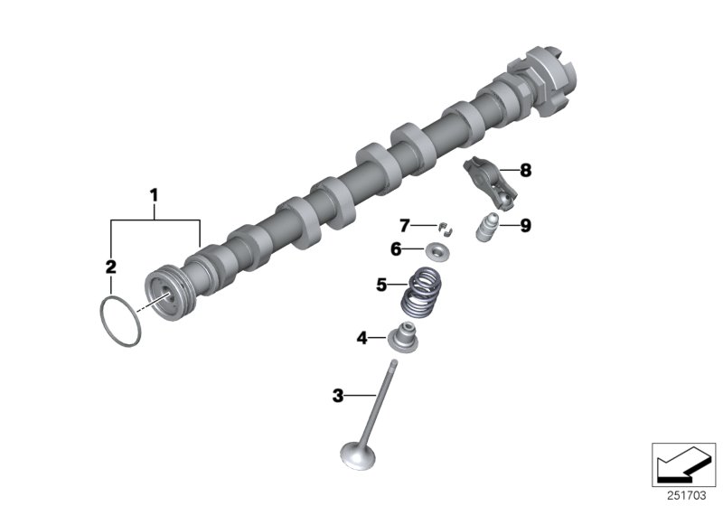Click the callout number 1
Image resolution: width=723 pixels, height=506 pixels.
click(x=154, y=193)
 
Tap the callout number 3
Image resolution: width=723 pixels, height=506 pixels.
click(x=337, y=395)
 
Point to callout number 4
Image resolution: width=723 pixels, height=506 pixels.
click(x=361, y=338)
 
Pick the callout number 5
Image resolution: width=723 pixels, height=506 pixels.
click(x=381, y=286)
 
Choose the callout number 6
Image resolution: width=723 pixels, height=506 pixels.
click(x=395, y=248)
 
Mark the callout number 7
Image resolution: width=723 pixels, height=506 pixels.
click(x=406, y=224)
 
